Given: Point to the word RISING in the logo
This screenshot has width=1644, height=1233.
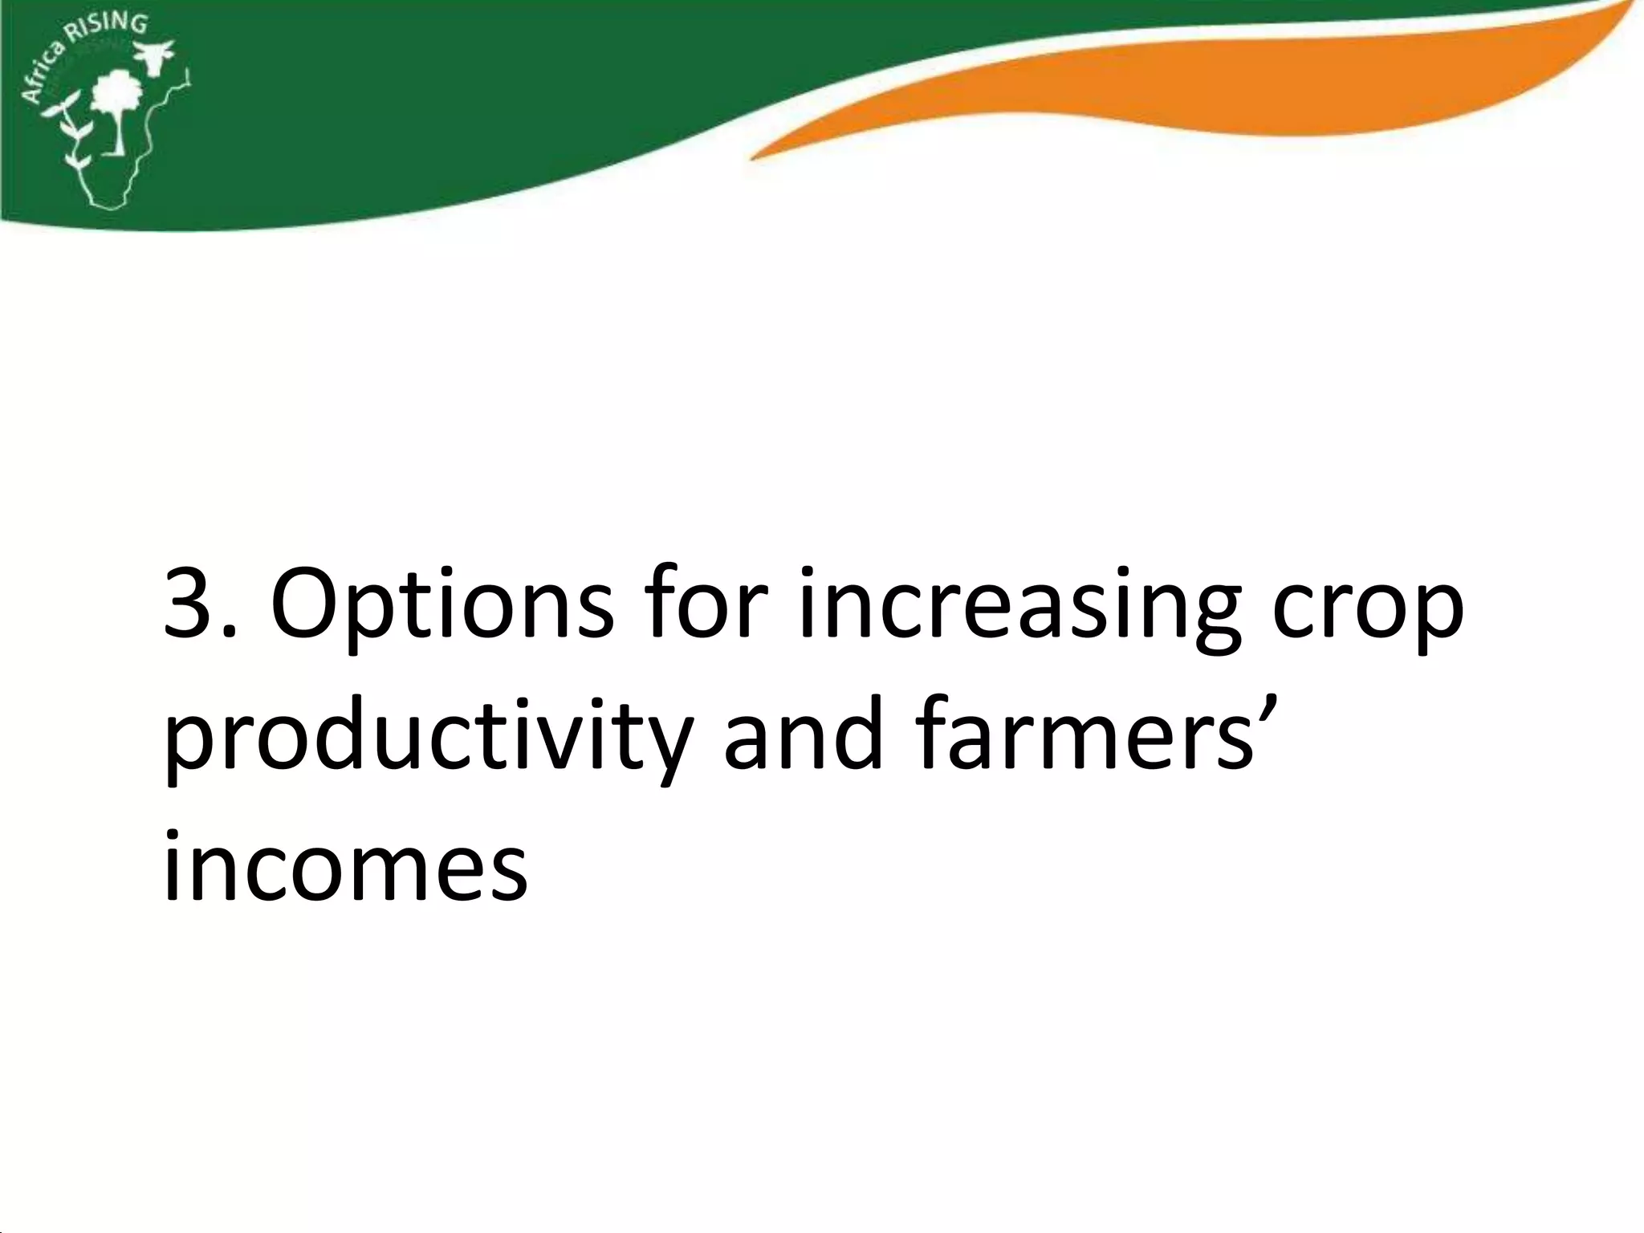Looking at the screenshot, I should click(112, 26).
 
